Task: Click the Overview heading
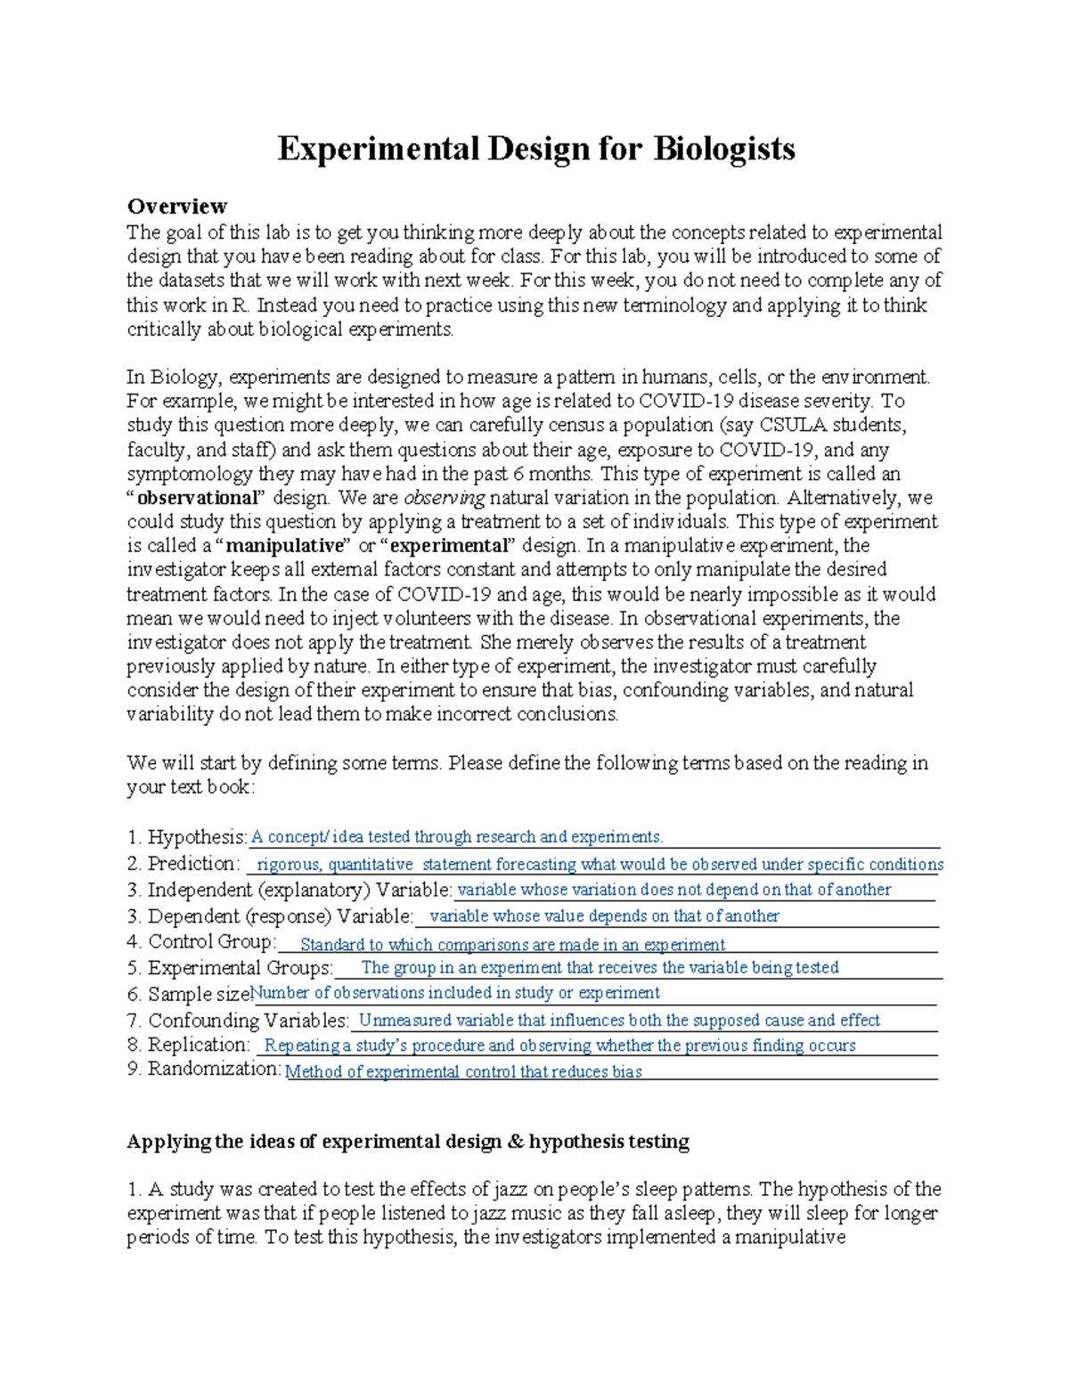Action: (176, 207)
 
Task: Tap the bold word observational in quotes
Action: (196, 498)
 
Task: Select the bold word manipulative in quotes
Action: (284, 546)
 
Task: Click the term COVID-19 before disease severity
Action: (686, 401)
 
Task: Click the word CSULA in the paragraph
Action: (793, 425)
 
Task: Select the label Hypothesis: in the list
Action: (197, 837)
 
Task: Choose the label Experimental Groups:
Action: (240, 968)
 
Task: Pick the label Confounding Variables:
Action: (249, 1021)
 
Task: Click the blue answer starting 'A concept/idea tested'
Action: (457, 837)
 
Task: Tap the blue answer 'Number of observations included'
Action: (455, 993)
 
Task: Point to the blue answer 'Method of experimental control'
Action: (463, 1072)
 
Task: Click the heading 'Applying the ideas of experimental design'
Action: (408, 1142)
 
